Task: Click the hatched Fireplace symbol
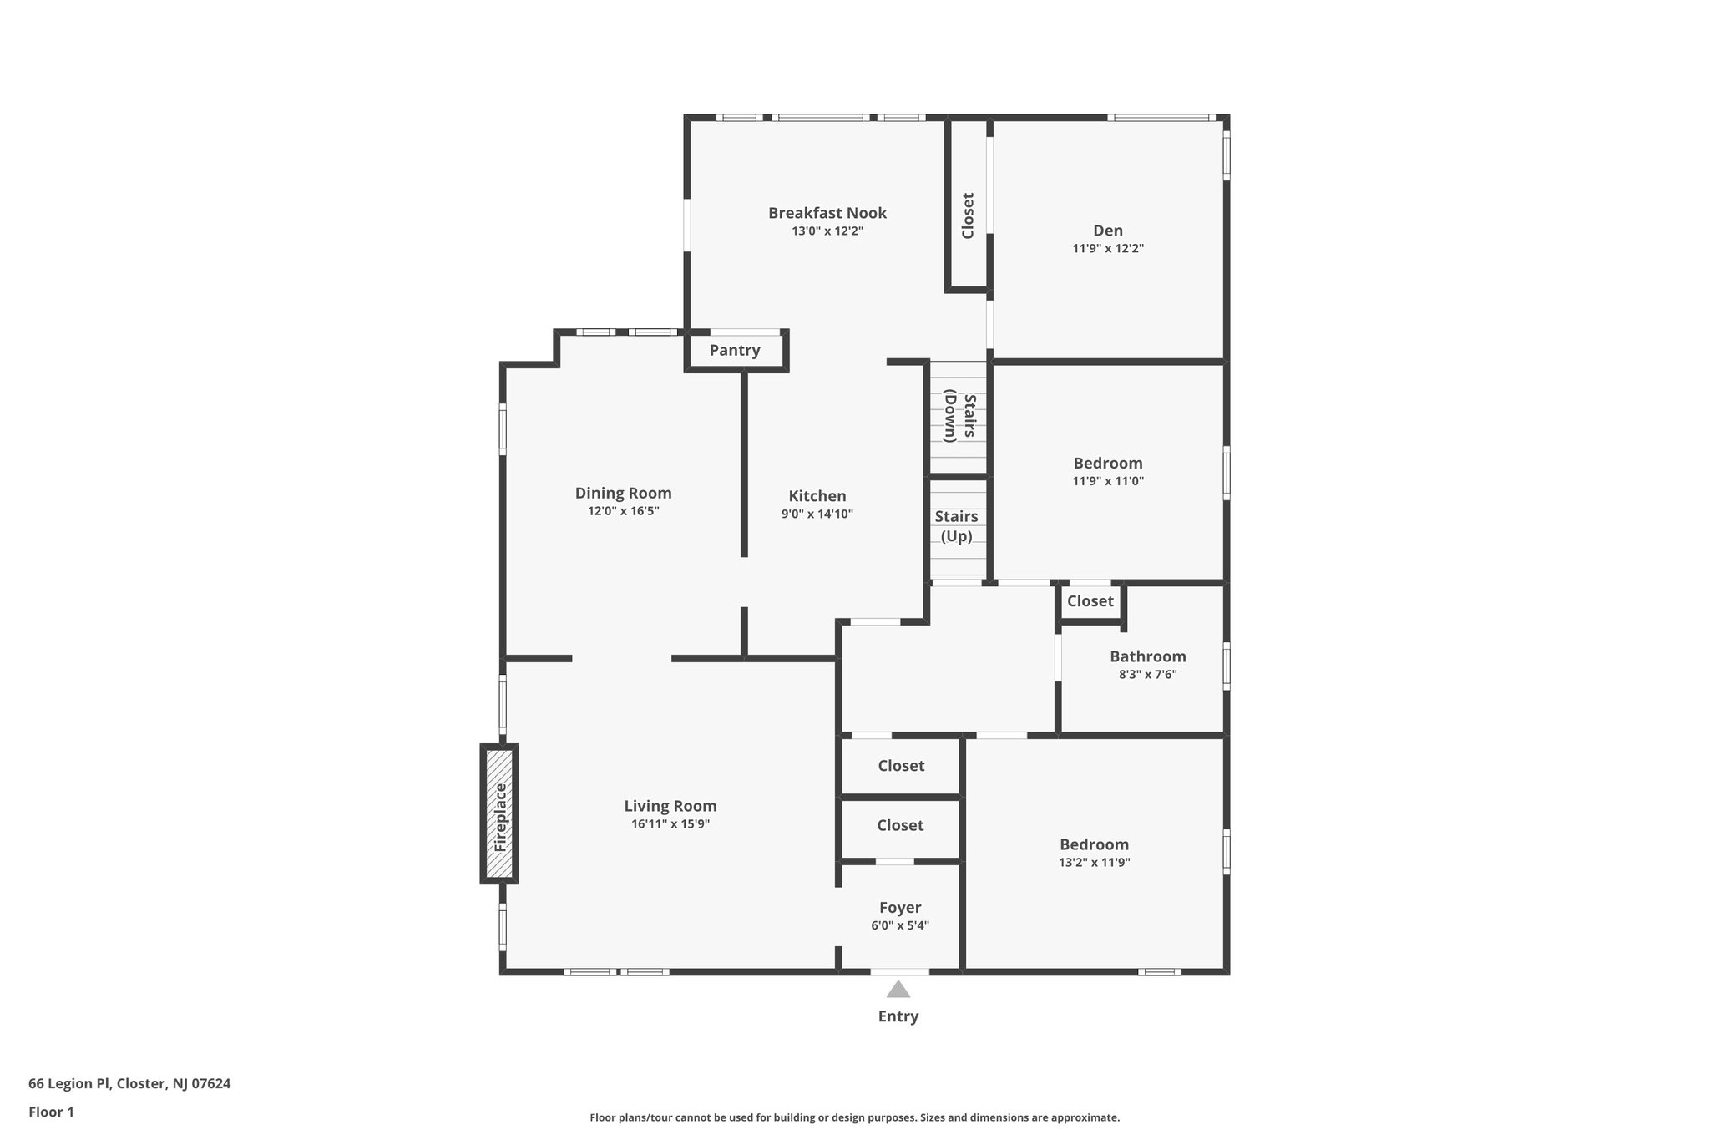499,813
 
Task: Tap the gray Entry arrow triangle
898,991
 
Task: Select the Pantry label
735,351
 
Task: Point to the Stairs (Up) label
956,526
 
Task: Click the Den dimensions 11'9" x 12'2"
1108,249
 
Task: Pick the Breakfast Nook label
827,213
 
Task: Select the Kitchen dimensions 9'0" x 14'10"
817,514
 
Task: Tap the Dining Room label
623,493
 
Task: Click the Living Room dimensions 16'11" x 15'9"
670,824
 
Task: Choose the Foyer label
900,908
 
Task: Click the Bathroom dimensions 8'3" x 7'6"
1147,675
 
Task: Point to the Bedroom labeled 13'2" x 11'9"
1094,844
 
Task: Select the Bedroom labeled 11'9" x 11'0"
1108,463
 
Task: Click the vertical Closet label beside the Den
968,215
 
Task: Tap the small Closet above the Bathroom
1090,601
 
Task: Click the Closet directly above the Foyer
900,825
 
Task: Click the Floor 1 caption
51,1112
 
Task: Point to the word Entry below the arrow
898,1016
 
